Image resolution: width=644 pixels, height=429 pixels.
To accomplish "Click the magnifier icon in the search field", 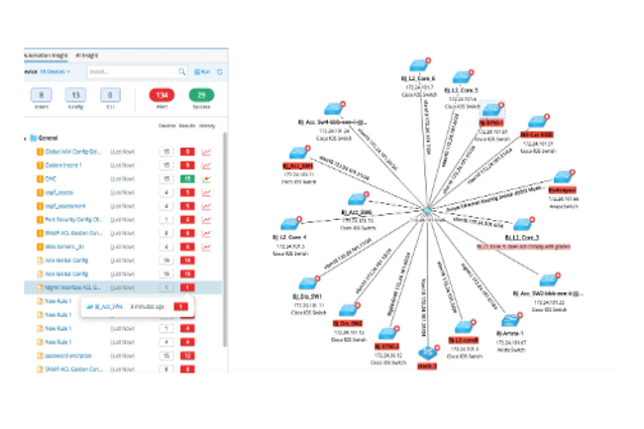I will [x=181, y=71].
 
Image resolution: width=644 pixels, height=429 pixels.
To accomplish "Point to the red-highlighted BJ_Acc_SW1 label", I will [x=298, y=164].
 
